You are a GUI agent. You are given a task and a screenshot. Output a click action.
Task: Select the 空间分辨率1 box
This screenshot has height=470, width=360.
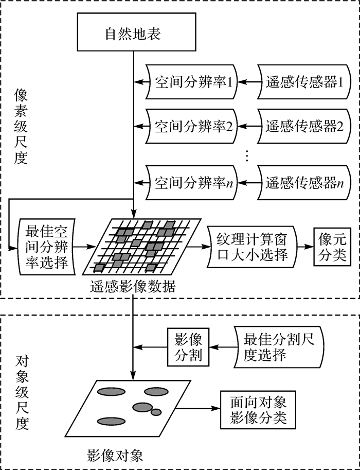click(190, 81)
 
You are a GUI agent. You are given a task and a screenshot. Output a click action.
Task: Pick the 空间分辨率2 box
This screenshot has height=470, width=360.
click(190, 125)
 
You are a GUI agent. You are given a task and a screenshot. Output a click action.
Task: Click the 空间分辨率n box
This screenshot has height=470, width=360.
click(190, 182)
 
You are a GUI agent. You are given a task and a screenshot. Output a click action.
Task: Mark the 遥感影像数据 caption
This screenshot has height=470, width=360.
click(132, 286)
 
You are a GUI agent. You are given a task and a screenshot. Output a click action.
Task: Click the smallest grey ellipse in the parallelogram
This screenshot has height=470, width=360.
click(156, 412)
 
